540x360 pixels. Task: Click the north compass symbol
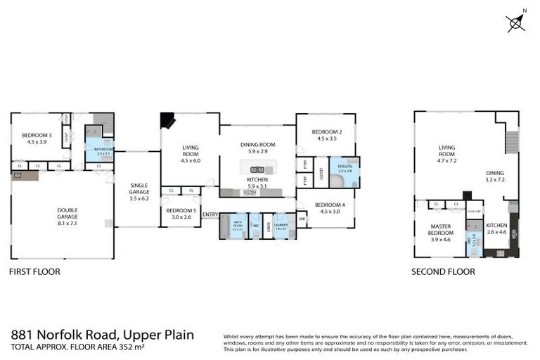coord(516,22)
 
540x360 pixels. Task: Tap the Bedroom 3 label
coord(37,139)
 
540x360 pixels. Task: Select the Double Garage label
coord(62,213)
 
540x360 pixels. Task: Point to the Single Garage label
coord(139,192)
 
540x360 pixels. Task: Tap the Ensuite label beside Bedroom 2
coord(345,167)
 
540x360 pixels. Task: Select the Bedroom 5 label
coord(181,213)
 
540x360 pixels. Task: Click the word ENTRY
coord(210,215)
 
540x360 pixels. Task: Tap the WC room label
coord(256,225)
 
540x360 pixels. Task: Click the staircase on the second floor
coord(512,143)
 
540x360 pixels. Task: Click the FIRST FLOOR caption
coord(34,271)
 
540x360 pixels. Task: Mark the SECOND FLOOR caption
coord(443,271)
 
